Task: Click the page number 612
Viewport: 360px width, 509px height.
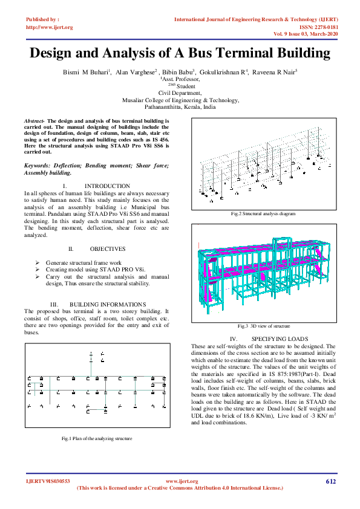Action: pos(330,481)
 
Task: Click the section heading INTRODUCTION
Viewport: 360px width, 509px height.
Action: pos(107,186)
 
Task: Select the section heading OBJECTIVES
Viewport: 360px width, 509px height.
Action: pos(108,249)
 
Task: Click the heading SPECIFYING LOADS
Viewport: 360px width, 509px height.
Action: pos(280,339)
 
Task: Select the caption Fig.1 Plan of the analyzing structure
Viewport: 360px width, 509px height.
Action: pos(97,438)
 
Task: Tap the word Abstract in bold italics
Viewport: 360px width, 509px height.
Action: pos(34,121)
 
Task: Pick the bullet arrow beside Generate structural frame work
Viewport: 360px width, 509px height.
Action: pos(38,264)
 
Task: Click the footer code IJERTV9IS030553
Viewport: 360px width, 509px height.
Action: pos(48,481)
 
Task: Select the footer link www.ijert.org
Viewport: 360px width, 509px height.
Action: pos(182,481)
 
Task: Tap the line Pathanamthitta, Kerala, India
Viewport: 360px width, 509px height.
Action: pos(181,106)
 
